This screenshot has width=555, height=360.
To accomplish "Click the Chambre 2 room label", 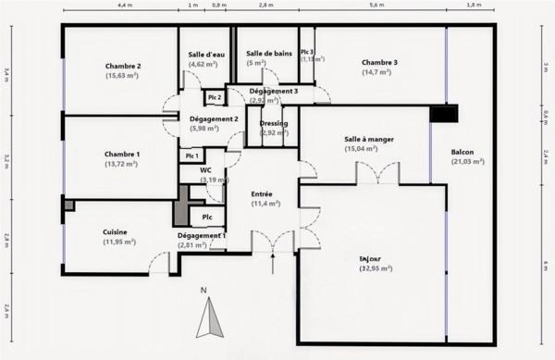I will click(x=123, y=67).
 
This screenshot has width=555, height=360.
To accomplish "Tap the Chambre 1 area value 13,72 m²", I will click(x=120, y=163).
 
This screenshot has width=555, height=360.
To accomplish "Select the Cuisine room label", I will click(x=116, y=231).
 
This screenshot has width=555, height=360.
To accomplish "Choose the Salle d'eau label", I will click(x=203, y=55).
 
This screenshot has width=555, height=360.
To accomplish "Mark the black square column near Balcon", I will click(x=443, y=114).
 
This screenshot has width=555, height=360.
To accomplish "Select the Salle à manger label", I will click(x=369, y=139).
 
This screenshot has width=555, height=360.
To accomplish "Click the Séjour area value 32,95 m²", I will click(x=375, y=268).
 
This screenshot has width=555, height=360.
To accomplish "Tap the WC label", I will click(x=204, y=170).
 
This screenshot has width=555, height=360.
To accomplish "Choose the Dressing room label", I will click(x=274, y=123).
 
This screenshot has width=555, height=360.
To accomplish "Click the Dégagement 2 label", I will click(x=214, y=118).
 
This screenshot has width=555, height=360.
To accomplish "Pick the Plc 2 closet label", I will click(x=214, y=97).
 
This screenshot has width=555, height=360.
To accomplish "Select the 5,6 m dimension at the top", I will click(x=376, y=6).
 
